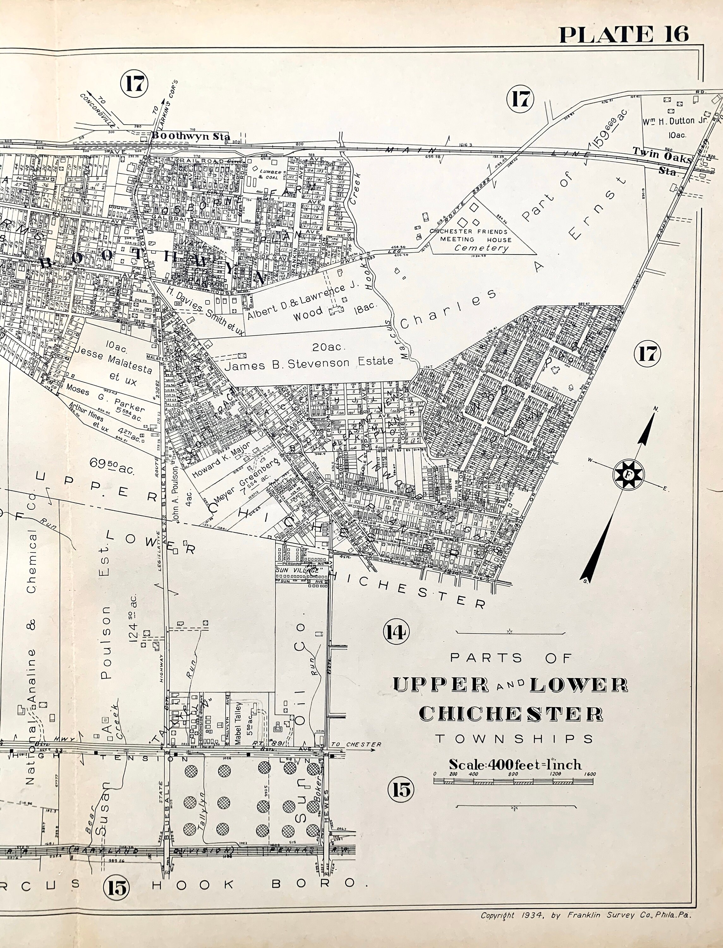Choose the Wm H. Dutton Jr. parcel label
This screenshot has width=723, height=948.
(x=675, y=121)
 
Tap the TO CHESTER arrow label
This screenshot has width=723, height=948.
(x=356, y=744)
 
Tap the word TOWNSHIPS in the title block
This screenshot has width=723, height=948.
(x=514, y=739)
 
